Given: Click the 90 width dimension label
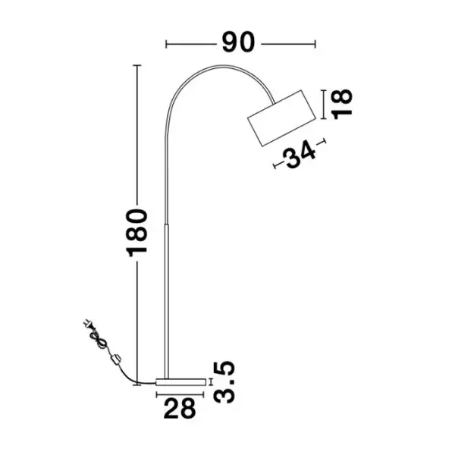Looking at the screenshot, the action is [238, 42].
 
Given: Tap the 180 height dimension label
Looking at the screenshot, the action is [136, 233].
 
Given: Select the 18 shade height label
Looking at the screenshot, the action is [343, 104].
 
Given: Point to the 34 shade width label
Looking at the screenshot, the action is [300, 154].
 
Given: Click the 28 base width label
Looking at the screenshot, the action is [180, 408].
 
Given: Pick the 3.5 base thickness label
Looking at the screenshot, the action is [224, 382].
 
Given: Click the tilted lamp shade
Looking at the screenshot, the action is [281, 118].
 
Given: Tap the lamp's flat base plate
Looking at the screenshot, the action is [180, 382].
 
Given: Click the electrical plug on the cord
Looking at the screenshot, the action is [88, 324].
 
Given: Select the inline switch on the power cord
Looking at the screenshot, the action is [116, 359].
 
